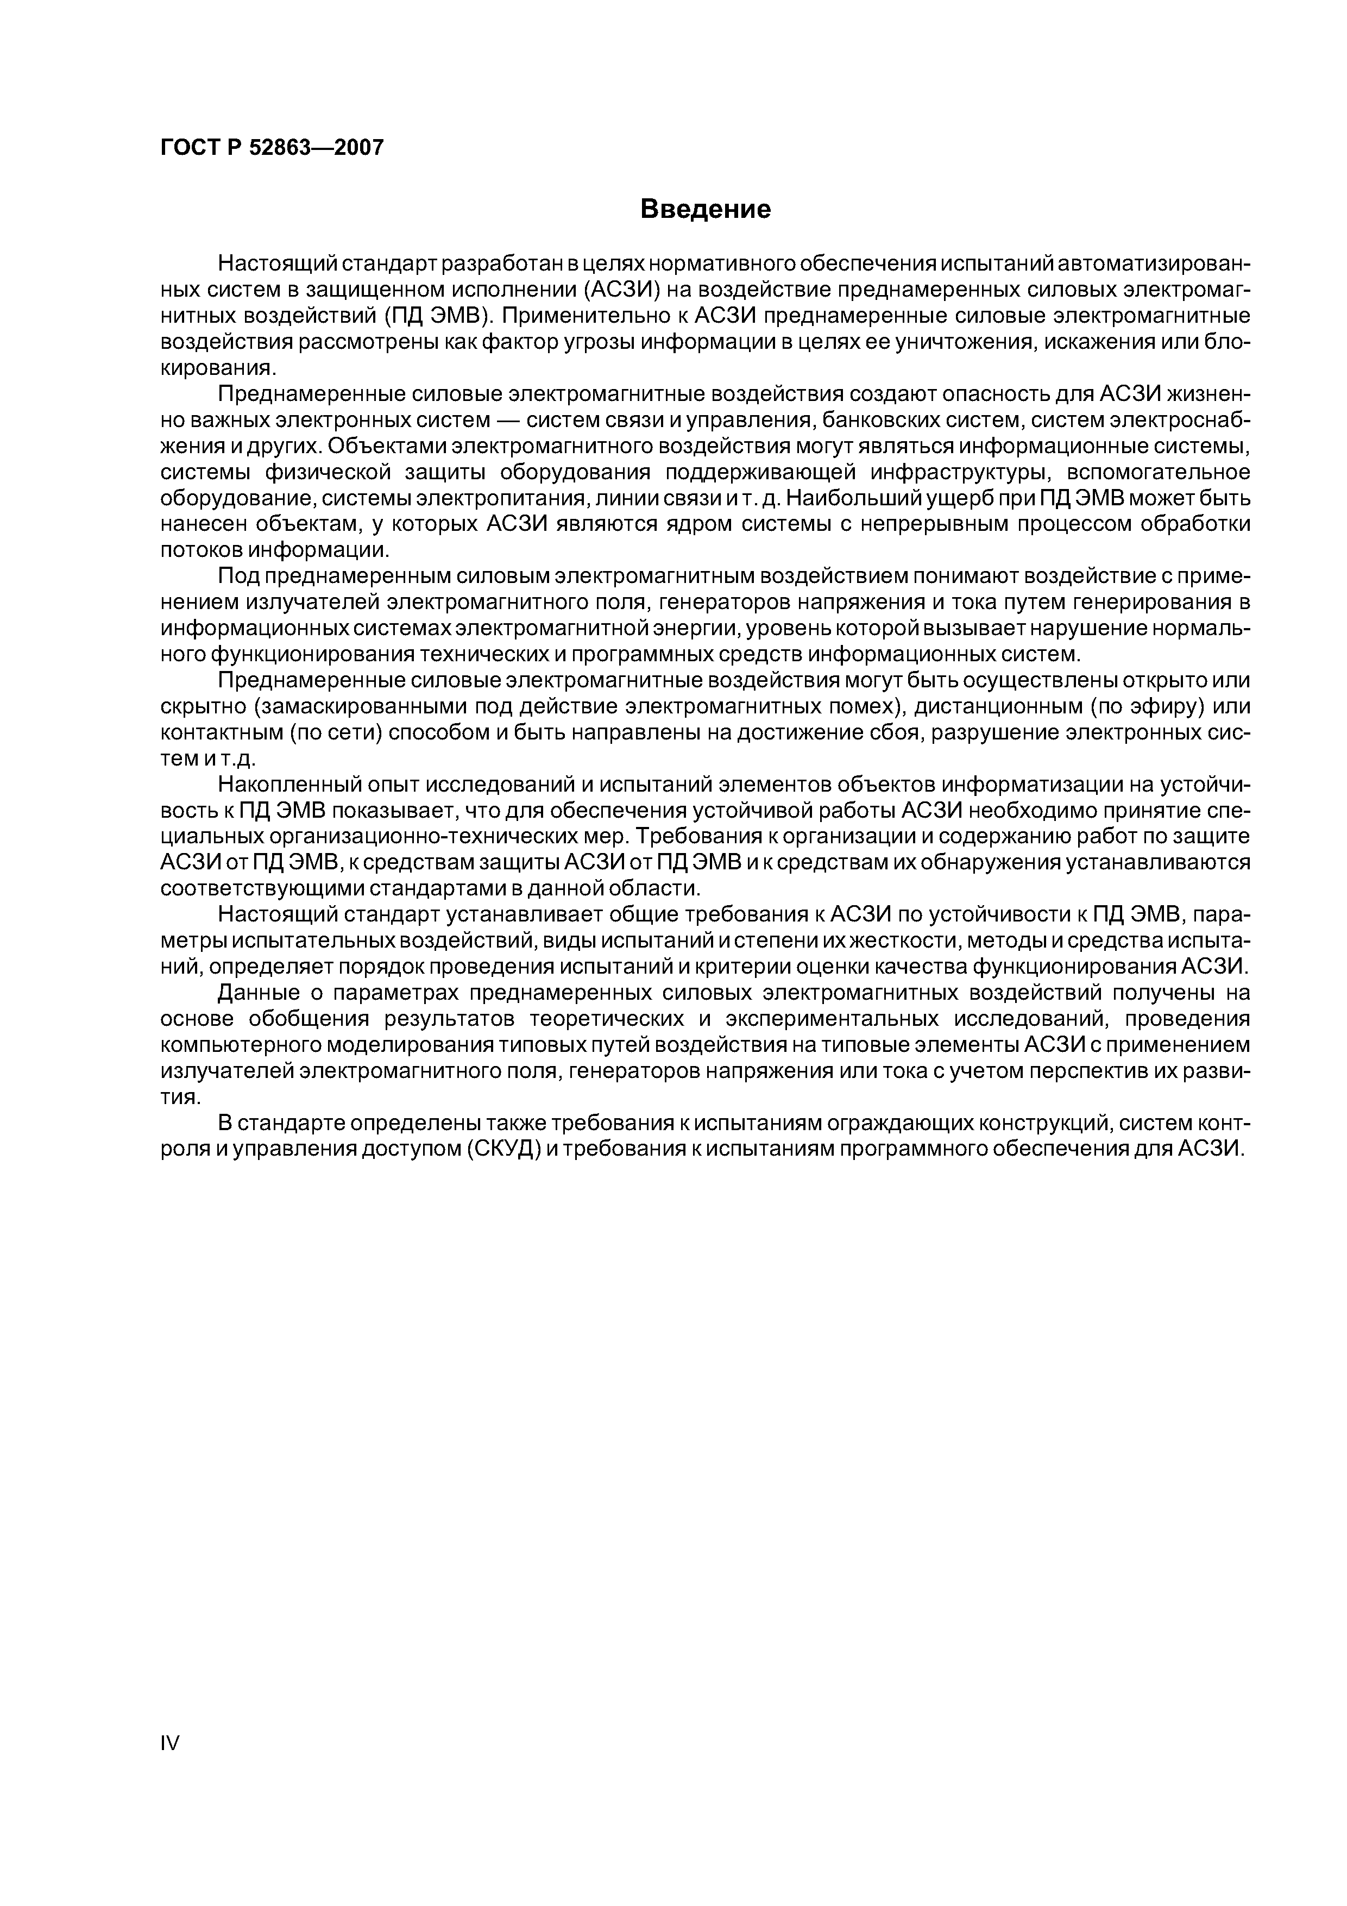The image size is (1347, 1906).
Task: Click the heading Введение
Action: click(706, 209)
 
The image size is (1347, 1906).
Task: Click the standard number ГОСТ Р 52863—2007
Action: click(272, 148)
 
